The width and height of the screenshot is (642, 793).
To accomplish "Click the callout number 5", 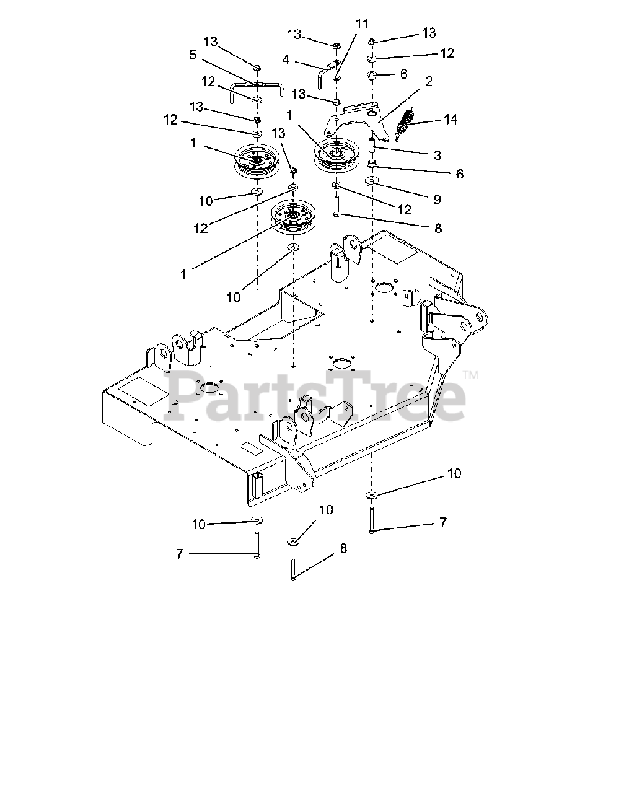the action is (x=193, y=55).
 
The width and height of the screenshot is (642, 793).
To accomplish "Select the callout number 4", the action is (x=286, y=60).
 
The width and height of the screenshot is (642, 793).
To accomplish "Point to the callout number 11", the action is (x=362, y=24).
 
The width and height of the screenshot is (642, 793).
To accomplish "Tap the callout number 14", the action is (x=451, y=118).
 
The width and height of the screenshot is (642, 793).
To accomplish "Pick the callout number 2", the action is (x=429, y=81).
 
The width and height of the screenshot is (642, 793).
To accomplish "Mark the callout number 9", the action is (x=437, y=199).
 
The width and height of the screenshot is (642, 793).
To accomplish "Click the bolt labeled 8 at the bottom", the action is (x=292, y=568).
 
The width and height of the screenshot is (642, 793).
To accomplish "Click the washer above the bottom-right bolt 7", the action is (x=372, y=494).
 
